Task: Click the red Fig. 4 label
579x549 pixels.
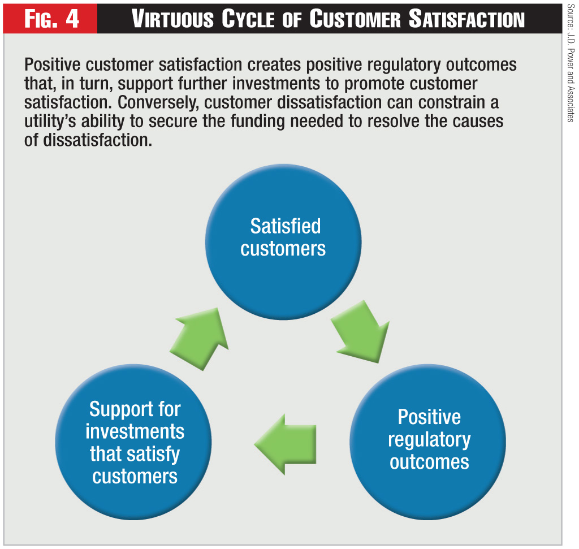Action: tap(51, 19)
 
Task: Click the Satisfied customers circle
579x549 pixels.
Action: tap(283, 238)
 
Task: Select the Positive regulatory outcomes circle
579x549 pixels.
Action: tap(428, 440)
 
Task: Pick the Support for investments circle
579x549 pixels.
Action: tap(134, 440)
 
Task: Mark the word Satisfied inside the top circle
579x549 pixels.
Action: tap(286, 226)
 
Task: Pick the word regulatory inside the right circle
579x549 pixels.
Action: tap(429, 439)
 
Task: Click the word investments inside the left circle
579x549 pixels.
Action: tap(135, 431)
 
